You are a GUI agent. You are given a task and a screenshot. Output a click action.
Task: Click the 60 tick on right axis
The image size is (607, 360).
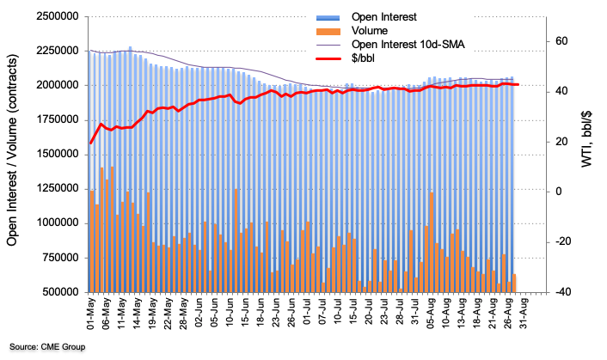click(560, 41)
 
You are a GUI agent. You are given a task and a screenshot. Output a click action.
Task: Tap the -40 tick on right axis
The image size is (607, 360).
click(561, 291)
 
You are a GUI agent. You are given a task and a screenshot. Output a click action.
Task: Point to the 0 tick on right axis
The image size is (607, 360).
click(556, 192)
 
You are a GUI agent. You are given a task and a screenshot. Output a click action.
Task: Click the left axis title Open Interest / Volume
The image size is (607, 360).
click(15, 154)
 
